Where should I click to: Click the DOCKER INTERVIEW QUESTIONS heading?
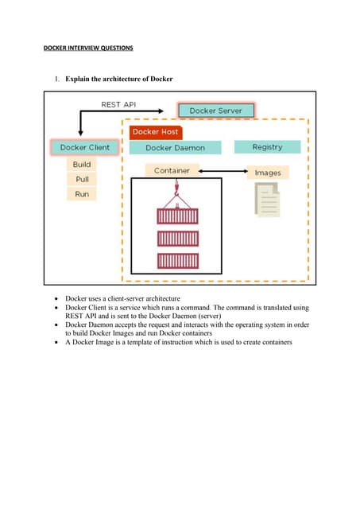pyautogui.click(x=87, y=49)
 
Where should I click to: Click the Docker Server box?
pyautogui.click(x=215, y=111)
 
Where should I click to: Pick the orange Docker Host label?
pyautogui.click(x=156, y=131)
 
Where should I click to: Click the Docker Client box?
pyautogui.click(x=84, y=147)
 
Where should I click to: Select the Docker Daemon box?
pyautogui.click(x=175, y=147)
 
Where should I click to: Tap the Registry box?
pyautogui.click(x=267, y=147)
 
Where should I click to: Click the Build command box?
pyautogui.click(x=82, y=165)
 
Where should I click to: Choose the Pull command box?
pyautogui.click(x=82, y=179)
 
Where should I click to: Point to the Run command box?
pyautogui.click(x=82, y=194)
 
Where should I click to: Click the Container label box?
pyautogui.click(x=171, y=170)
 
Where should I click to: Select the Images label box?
pyautogui.click(x=267, y=173)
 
